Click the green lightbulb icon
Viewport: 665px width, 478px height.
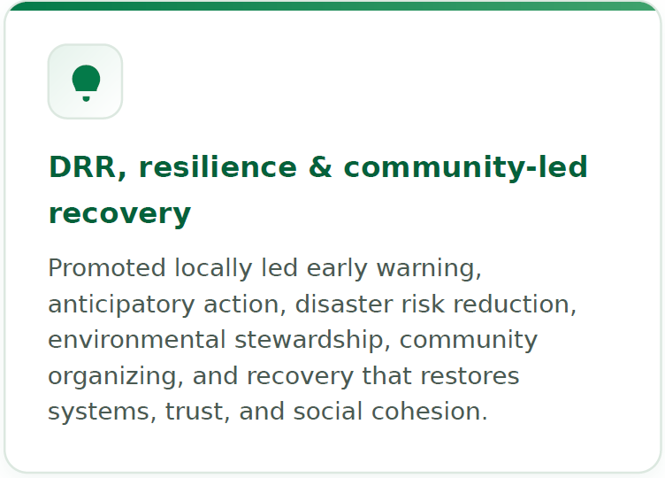(x=86, y=83)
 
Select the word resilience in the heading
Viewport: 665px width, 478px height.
(x=218, y=166)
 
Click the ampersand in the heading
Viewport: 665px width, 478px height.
(x=320, y=166)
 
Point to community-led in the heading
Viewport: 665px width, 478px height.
(x=465, y=168)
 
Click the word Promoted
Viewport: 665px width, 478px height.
(x=106, y=268)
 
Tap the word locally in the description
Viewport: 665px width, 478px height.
(x=213, y=269)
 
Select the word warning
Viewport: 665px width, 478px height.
(x=429, y=269)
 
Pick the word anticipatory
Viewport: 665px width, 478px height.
(x=121, y=305)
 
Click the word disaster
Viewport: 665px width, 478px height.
(x=343, y=305)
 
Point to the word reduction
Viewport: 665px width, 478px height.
(x=515, y=305)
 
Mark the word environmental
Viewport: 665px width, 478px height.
(x=136, y=340)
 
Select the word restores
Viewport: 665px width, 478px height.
(x=470, y=376)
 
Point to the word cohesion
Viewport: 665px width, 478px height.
(x=429, y=412)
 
